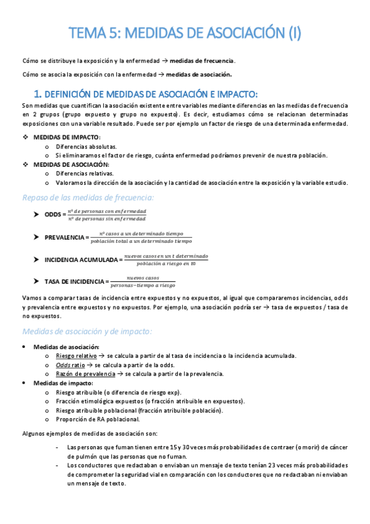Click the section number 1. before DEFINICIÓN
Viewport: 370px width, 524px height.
37,94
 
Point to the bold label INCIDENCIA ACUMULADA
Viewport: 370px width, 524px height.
82,260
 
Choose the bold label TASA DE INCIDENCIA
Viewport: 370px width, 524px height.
74,282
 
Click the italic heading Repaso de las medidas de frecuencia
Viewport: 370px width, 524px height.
88,197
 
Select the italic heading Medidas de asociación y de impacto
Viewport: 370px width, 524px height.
87,331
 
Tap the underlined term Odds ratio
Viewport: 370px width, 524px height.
69,365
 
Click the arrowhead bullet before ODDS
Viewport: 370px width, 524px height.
37,215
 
